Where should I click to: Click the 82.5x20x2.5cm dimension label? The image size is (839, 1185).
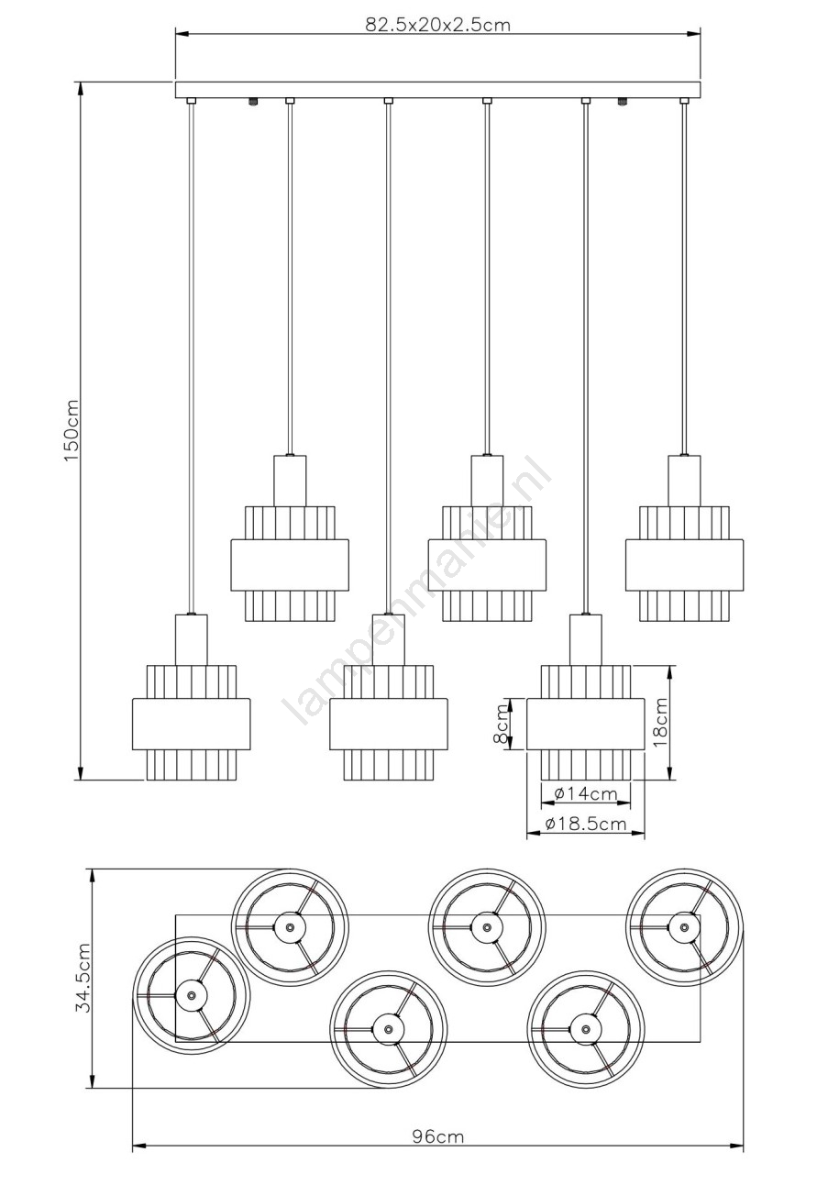[438, 25]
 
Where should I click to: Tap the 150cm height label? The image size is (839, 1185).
[72, 430]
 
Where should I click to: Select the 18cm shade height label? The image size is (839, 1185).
[661, 722]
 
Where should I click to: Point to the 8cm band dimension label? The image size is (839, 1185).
[501, 725]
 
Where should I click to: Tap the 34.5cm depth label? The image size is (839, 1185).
[83, 969]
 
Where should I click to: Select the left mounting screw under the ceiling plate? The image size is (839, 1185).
[253, 102]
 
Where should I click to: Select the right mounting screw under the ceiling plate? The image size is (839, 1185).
[623, 102]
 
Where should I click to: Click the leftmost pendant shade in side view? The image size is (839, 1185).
[191, 722]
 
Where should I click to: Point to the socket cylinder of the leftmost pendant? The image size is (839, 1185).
[191, 639]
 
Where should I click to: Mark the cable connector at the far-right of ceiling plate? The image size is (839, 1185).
[685, 101]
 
